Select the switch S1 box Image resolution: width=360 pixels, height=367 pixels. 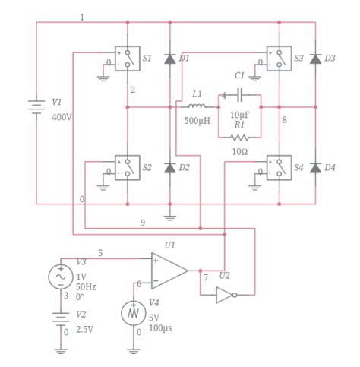coord(127,59)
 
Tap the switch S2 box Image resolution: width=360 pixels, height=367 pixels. coord(127,168)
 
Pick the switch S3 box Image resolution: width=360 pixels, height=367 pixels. coord(278,59)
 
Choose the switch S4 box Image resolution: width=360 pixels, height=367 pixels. coord(278,168)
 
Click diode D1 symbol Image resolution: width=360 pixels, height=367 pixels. coord(169,59)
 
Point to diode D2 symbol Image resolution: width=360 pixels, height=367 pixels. coord(169,168)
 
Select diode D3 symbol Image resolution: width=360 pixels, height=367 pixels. coord(315,59)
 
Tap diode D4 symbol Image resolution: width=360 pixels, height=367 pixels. coord(315,168)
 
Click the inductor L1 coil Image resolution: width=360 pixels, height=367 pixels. coord(196,106)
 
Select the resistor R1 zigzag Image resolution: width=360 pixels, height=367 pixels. coord(240,138)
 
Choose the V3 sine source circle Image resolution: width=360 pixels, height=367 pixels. coord(61,277)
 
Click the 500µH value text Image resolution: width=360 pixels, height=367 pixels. coord(196,120)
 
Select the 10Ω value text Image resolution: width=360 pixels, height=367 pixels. coord(240,151)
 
